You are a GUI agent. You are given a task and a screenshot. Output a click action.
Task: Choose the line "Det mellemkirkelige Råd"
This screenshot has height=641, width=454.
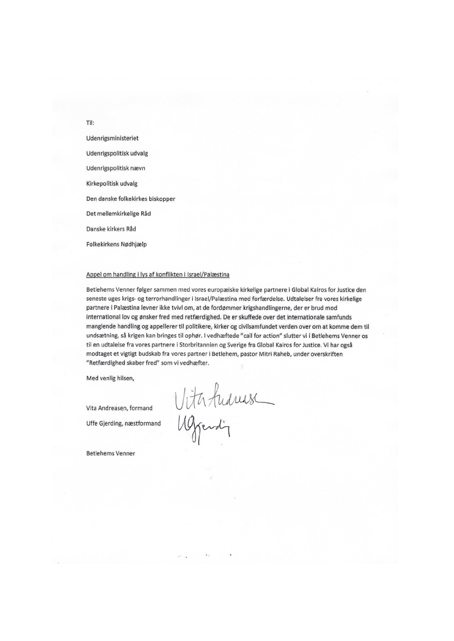[x=119, y=213]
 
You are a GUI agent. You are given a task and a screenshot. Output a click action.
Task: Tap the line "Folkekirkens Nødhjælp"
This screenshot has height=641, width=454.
[x=117, y=244]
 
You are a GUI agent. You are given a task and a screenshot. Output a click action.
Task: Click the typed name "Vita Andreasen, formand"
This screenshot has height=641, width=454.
[x=120, y=408]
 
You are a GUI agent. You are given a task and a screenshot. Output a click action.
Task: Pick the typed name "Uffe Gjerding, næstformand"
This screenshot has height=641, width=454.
[x=124, y=423]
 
